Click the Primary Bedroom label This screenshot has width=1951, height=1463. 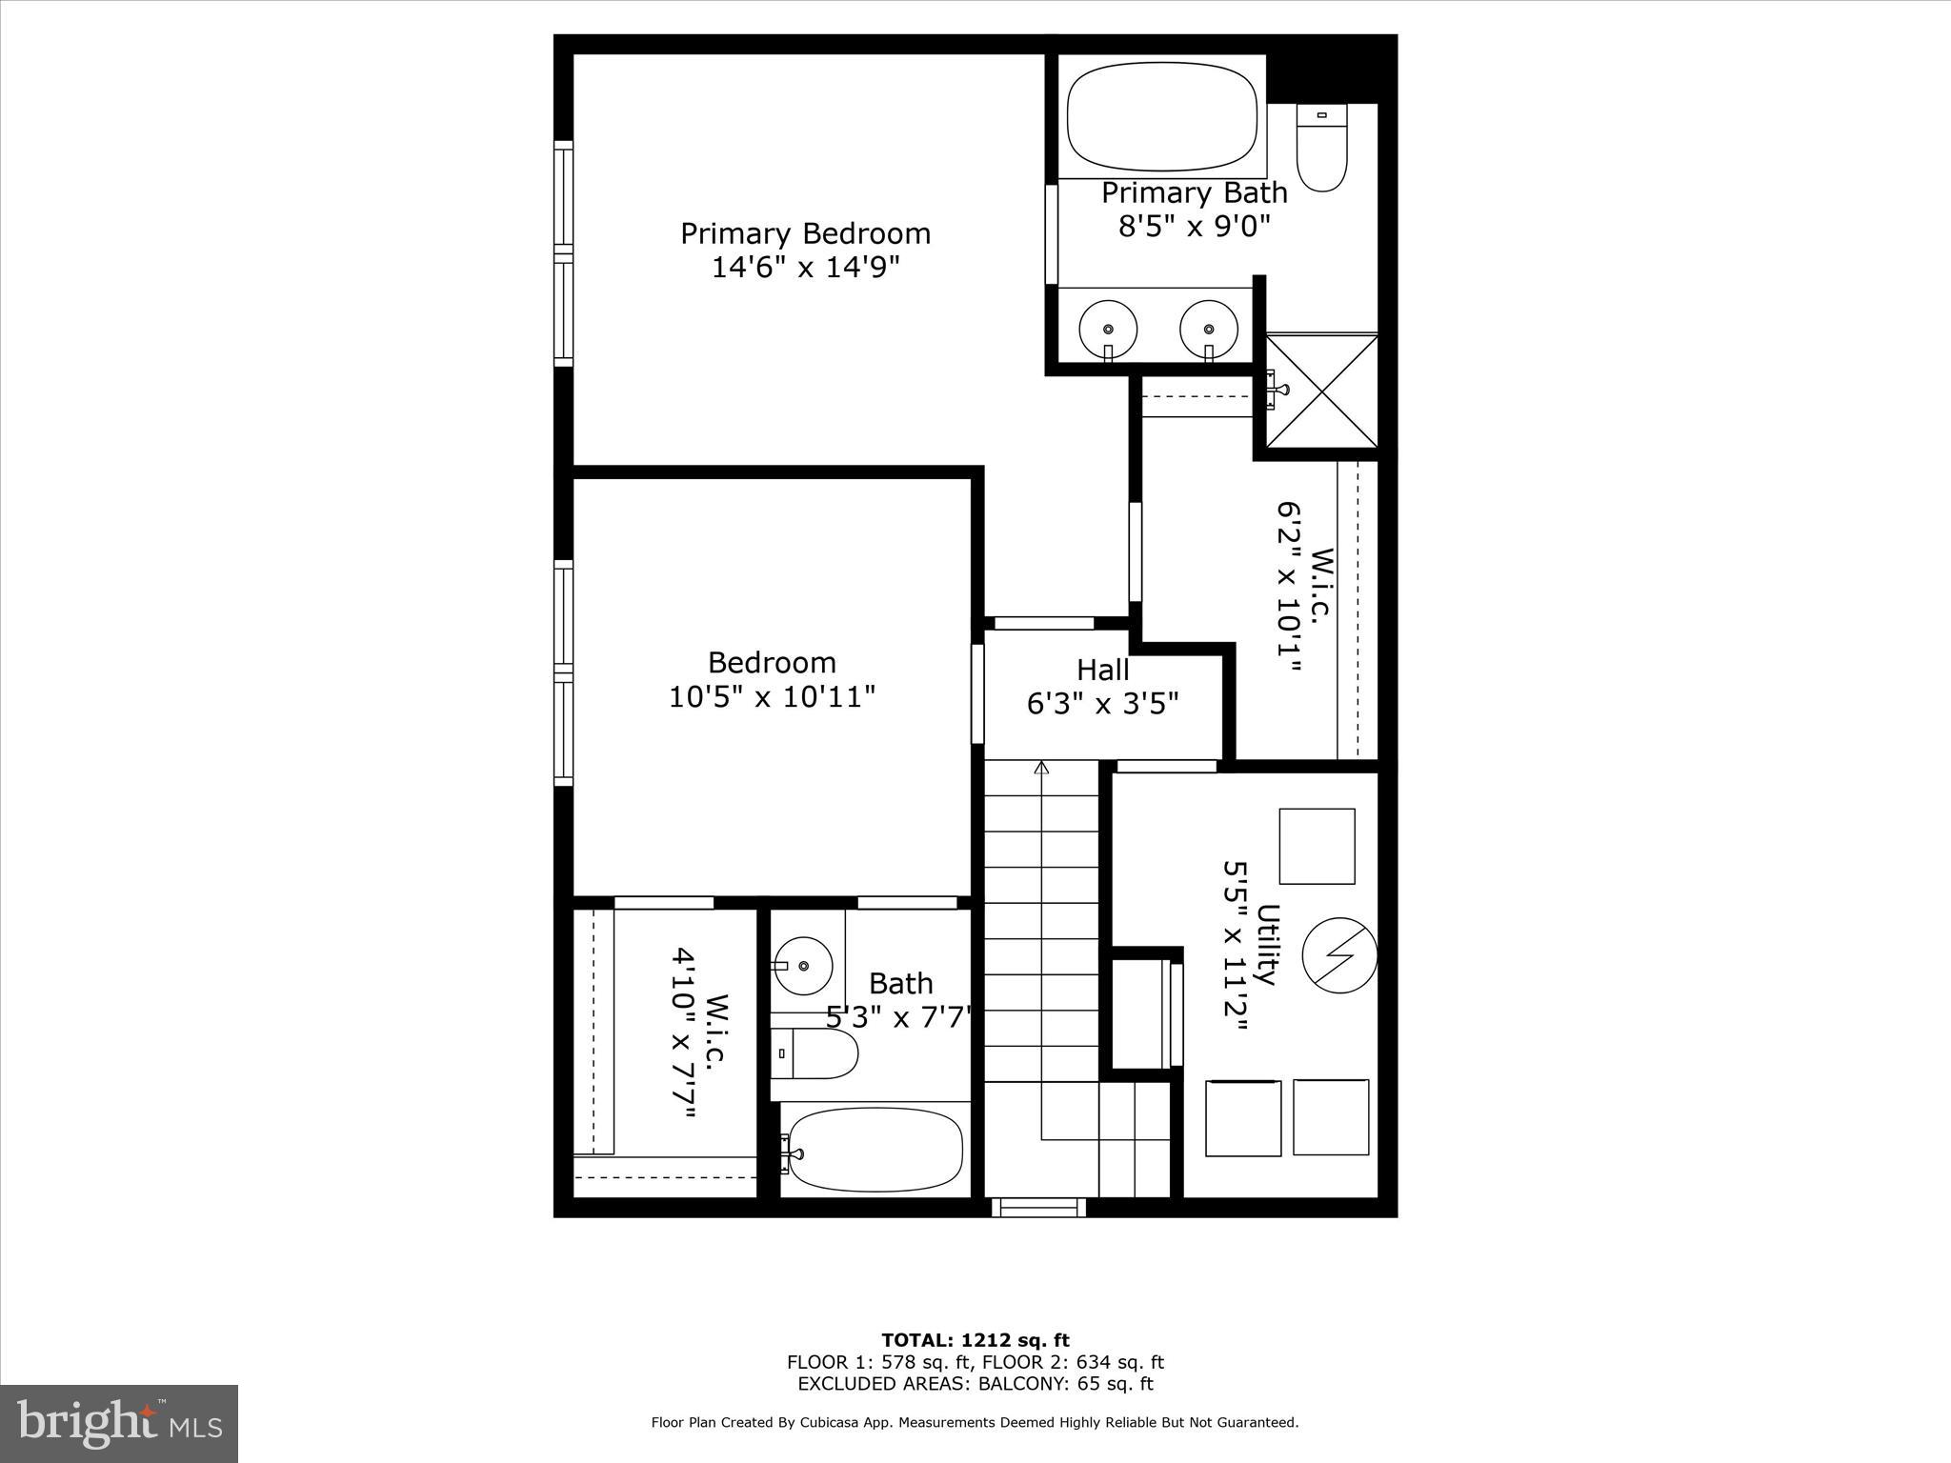(x=805, y=233)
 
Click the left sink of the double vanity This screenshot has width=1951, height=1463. (x=1108, y=330)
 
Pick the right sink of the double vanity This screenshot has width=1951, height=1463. (x=1209, y=330)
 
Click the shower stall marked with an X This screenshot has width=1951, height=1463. (x=1321, y=390)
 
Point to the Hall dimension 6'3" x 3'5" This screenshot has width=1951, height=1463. (x=1102, y=704)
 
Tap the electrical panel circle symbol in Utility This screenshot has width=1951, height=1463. (x=1338, y=955)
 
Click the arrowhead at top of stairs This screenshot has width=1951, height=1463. (x=1041, y=767)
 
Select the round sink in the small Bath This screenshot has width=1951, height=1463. (x=803, y=965)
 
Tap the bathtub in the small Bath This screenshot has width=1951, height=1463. (x=875, y=1149)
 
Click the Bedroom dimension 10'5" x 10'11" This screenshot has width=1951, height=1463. (x=772, y=697)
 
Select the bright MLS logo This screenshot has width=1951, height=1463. (x=119, y=1424)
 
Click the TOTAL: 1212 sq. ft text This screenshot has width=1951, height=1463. (x=975, y=1341)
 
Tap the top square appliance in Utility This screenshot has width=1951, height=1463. (x=1317, y=846)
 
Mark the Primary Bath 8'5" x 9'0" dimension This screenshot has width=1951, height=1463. (x=1194, y=227)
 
